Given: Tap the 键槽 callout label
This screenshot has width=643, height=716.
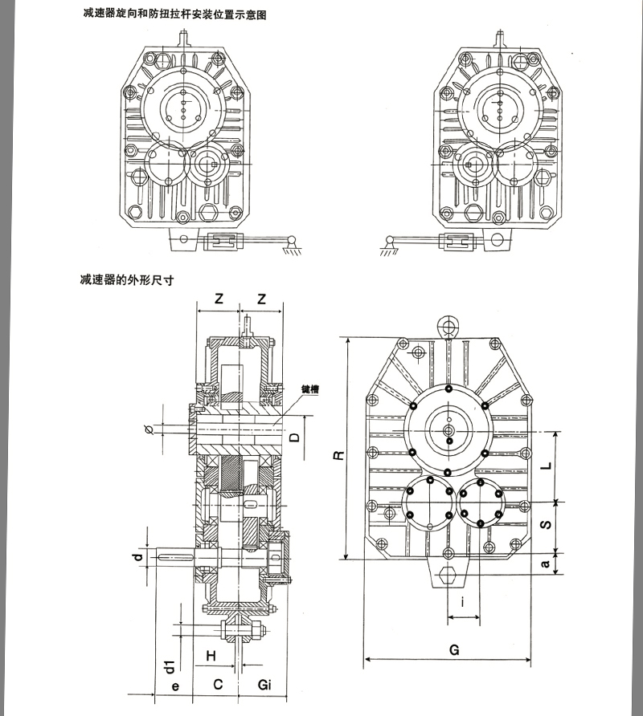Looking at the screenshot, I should (x=312, y=389).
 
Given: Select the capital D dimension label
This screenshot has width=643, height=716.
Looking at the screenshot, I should (x=295, y=437).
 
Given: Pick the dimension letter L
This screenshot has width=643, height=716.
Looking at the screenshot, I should (x=546, y=465).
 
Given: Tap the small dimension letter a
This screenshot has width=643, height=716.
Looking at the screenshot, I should (x=546, y=564).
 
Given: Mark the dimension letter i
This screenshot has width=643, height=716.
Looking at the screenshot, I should (x=463, y=602).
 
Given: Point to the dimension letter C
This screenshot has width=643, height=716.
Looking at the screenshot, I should (x=216, y=684).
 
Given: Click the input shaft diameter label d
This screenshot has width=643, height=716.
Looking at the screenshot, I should (x=139, y=555).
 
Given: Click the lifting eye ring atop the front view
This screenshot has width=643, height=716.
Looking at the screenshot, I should (x=448, y=325).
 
